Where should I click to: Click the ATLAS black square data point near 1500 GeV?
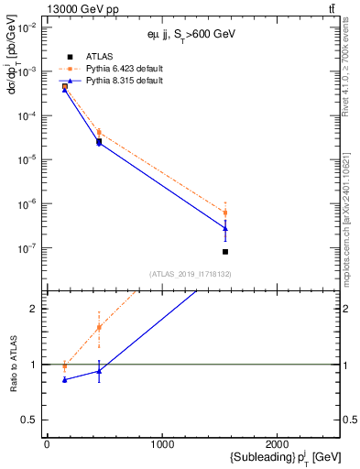click(x=225, y=251)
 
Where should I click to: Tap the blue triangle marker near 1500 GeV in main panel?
click(x=225, y=228)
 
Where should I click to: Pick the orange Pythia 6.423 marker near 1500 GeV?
click(x=225, y=213)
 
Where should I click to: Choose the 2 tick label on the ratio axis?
click(x=35, y=309)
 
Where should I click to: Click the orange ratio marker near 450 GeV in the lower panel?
click(x=99, y=327)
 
